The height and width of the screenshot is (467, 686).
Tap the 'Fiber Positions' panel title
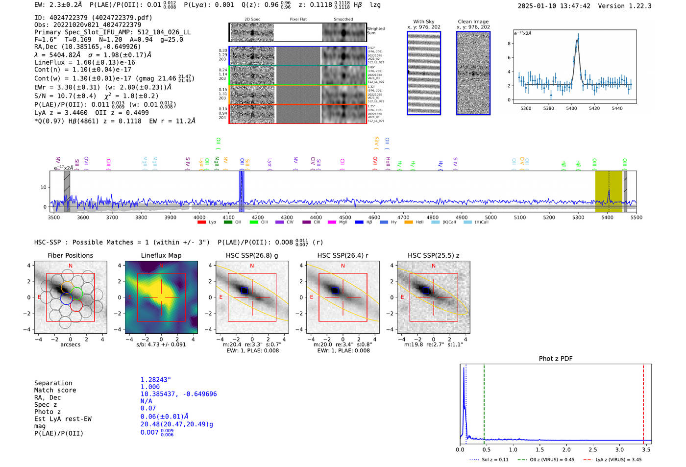click(x=70, y=255)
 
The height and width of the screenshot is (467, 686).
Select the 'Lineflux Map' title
click(x=161, y=255)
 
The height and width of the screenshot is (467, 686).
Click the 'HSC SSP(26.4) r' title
click(x=343, y=255)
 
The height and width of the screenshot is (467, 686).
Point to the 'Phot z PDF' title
click(x=556, y=359)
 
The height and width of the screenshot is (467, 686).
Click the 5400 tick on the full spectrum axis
click(x=607, y=218)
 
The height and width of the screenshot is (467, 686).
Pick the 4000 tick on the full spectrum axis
click(x=199, y=218)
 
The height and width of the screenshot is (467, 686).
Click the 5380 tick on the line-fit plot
click(x=548, y=108)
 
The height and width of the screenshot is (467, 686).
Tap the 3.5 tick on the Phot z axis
click(x=646, y=449)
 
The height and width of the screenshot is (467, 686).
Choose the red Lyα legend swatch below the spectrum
click(x=201, y=222)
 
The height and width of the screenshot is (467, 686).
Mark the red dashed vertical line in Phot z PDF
click(x=643, y=402)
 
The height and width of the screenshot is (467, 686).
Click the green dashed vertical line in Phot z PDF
click(x=484, y=402)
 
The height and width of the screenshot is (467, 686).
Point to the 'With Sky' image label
click(x=424, y=22)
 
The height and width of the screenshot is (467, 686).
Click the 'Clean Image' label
click(x=473, y=22)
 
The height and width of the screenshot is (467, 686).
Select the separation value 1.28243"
click(x=155, y=380)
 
